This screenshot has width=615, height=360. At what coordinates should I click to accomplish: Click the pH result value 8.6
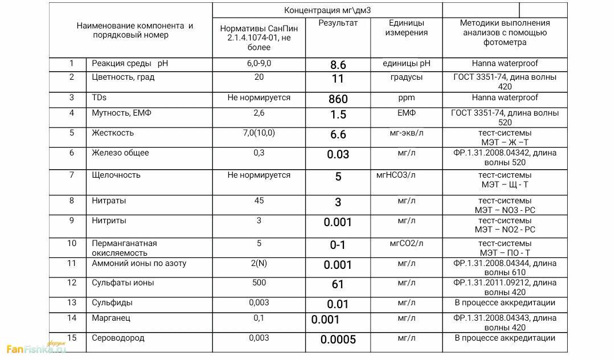tap(338, 65)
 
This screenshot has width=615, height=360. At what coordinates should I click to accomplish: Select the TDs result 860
tap(338, 99)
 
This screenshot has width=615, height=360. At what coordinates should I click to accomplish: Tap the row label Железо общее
tap(120, 153)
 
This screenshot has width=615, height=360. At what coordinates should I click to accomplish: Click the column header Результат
tap(338, 23)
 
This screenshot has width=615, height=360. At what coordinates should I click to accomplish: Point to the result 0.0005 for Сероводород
tap(338, 340)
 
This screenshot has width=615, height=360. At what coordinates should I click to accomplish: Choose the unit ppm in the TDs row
tap(407, 98)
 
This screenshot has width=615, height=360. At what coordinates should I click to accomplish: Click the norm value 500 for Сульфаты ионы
tap(259, 283)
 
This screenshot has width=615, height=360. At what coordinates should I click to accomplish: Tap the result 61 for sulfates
tap(338, 284)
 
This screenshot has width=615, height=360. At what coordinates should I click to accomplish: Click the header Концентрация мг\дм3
tap(327, 10)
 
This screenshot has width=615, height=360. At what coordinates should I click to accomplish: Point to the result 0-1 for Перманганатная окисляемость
tap(338, 246)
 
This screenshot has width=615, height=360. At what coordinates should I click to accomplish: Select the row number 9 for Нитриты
tap(72, 220)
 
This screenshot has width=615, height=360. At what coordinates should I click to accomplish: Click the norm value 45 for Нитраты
tap(259, 201)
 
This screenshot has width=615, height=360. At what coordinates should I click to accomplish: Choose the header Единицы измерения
tap(407, 28)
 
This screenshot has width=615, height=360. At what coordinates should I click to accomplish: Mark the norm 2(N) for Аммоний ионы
tap(259, 263)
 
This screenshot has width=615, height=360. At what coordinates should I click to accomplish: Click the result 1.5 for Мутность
tap(338, 115)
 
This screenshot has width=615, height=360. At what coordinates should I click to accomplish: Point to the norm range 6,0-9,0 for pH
tap(259, 63)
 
